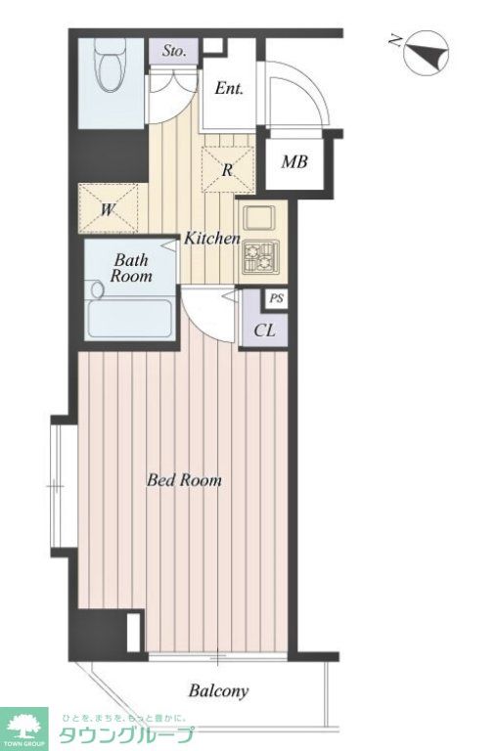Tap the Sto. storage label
pyautogui.click(x=173, y=51)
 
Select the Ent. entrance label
pyautogui.click(x=229, y=88)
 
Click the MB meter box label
pyautogui.click(x=294, y=162)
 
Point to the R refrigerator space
pyautogui.click(x=228, y=169)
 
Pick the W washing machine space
pyautogui.click(x=109, y=208)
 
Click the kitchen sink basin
pyautogui.click(x=259, y=219)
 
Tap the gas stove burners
pyautogui.click(x=260, y=257)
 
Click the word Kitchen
pyautogui.click(x=212, y=238)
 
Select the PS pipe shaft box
pyautogui.click(x=276, y=299)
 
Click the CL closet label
pyautogui.click(x=264, y=331)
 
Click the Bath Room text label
pyautogui.click(x=131, y=268)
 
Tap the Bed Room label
pyautogui.click(x=184, y=480)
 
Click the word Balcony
pyautogui.click(x=218, y=690)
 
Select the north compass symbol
pyautogui.click(x=426, y=53)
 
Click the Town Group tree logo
pyautogui.click(x=23, y=728)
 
